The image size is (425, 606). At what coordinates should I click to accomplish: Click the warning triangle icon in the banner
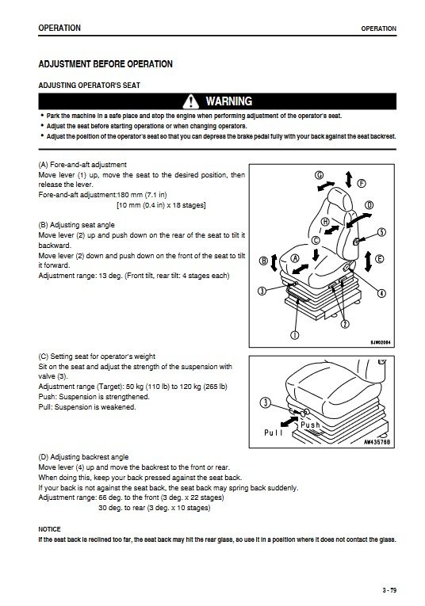click(190, 101)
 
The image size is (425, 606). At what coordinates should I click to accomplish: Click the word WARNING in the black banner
click(229, 101)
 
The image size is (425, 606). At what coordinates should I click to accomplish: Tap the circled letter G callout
click(320, 175)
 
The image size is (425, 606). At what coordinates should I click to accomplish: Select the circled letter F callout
click(362, 183)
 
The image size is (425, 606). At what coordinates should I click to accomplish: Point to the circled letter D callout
click(369, 205)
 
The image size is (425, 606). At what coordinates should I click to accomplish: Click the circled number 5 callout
click(381, 232)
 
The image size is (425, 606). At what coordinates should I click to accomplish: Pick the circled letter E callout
click(380, 259)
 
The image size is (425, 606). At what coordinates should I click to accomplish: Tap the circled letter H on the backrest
click(325, 222)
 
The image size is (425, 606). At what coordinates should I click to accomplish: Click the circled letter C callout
click(316, 240)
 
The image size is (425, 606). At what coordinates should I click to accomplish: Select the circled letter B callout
click(263, 261)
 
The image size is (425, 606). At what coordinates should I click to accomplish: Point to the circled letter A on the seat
click(295, 258)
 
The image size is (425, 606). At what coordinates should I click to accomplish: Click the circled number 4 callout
click(381, 293)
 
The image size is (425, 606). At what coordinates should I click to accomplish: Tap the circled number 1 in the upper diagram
click(295, 335)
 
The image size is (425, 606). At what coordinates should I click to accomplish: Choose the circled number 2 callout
click(344, 324)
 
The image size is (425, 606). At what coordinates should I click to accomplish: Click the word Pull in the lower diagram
click(274, 433)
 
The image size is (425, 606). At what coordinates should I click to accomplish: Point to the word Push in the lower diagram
click(311, 425)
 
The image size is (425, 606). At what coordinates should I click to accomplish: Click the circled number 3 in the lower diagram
click(266, 402)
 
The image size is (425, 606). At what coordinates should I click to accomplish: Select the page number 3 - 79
click(389, 590)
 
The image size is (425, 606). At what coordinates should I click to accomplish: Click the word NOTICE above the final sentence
click(49, 529)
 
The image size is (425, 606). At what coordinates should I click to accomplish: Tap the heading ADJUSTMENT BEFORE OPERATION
click(105, 64)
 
